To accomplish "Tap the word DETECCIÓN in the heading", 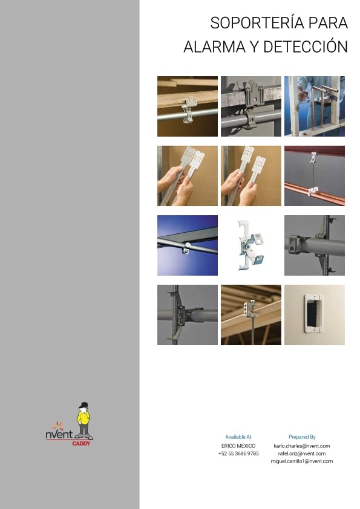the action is click(x=306, y=47).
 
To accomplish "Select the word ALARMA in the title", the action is click(x=214, y=47).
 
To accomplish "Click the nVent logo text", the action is click(x=59, y=434).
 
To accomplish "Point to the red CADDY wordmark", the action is click(x=81, y=444).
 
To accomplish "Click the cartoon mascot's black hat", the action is click(x=84, y=404).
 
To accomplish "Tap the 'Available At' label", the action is click(x=238, y=437).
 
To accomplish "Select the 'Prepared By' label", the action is click(x=302, y=437).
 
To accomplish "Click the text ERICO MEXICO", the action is click(x=238, y=446).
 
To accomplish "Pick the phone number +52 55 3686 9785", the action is click(x=238, y=453).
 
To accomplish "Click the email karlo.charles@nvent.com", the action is click(x=302, y=446).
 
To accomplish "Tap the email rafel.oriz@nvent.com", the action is click(x=302, y=453).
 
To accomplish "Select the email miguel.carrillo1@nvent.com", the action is click(x=302, y=461).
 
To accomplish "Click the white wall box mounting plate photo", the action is click(x=315, y=314).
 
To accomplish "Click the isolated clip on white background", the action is click(x=251, y=245).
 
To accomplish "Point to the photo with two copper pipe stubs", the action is click(x=315, y=106).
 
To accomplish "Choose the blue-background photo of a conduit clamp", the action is click(x=188, y=245).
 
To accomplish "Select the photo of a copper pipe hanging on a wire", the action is click(x=315, y=176).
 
